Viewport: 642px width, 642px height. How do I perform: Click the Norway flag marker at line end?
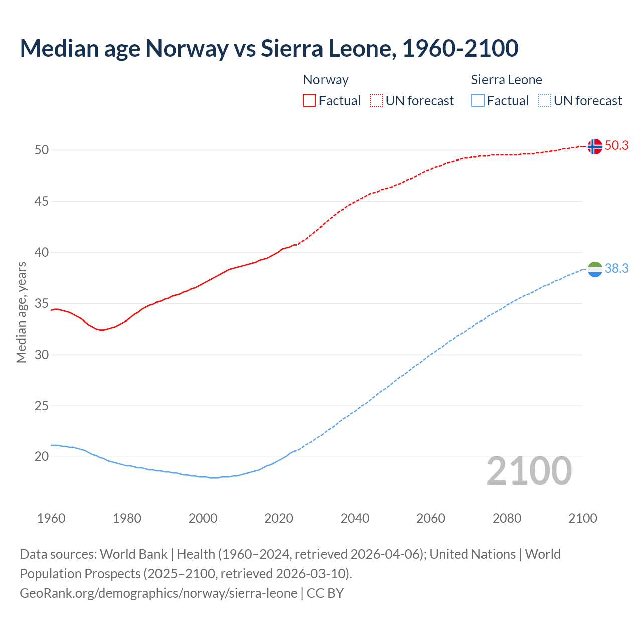[x=594, y=146]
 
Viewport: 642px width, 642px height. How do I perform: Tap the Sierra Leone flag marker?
[x=594, y=269]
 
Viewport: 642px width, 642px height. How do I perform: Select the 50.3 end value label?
[x=616, y=145]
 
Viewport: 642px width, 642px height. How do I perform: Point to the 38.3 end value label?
[x=616, y=269]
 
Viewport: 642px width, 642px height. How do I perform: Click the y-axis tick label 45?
[x=42, y=202]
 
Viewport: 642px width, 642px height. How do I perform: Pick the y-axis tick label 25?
[x=42, y=406]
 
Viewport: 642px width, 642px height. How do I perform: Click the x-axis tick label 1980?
[x=127, y=518]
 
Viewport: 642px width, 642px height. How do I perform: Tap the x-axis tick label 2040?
[x=355, y=518]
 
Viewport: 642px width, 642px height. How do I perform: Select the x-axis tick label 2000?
[x=203, y=518]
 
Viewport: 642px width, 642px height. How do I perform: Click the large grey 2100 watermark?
[x=529, y=471]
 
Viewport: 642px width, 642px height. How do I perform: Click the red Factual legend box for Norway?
[x=309, y=101]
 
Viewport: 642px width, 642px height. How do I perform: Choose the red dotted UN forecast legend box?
[x=376, y=101]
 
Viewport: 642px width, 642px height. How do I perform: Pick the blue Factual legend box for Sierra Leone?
[x=478, y=101]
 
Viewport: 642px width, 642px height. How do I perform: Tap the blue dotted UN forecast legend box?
[x=544, y=101]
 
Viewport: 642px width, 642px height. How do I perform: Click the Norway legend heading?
[x=326, y=80]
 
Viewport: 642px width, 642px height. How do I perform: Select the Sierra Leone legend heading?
[x=507, y=80]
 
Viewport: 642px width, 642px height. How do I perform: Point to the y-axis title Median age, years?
[x=21, y=312]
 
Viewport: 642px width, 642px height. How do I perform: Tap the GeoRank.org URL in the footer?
[x=158, y=593]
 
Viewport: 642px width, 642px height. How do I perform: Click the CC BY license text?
[x=325, y=593]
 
